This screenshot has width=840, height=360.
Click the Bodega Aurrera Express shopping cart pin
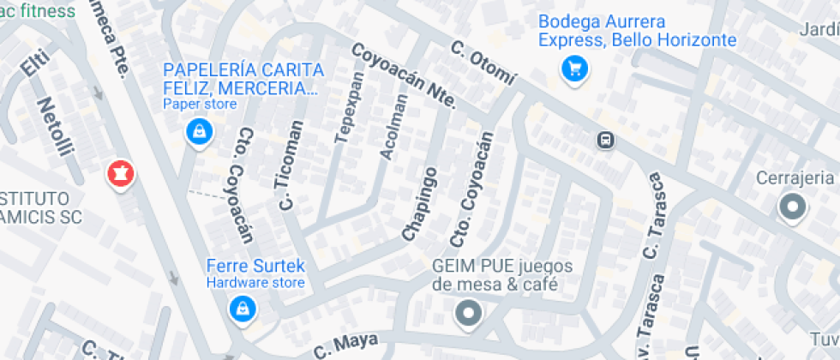573,69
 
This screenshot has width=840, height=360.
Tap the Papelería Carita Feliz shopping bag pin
199,132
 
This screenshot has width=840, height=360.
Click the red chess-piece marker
120,175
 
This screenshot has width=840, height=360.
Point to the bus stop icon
605,140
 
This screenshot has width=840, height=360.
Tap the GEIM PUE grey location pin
468,313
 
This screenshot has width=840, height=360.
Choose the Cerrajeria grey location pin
792,207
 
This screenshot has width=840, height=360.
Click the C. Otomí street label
484,63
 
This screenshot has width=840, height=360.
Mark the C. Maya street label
345,344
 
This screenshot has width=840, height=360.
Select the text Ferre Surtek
255,266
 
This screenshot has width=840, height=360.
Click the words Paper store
200,105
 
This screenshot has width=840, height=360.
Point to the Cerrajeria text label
795,177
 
